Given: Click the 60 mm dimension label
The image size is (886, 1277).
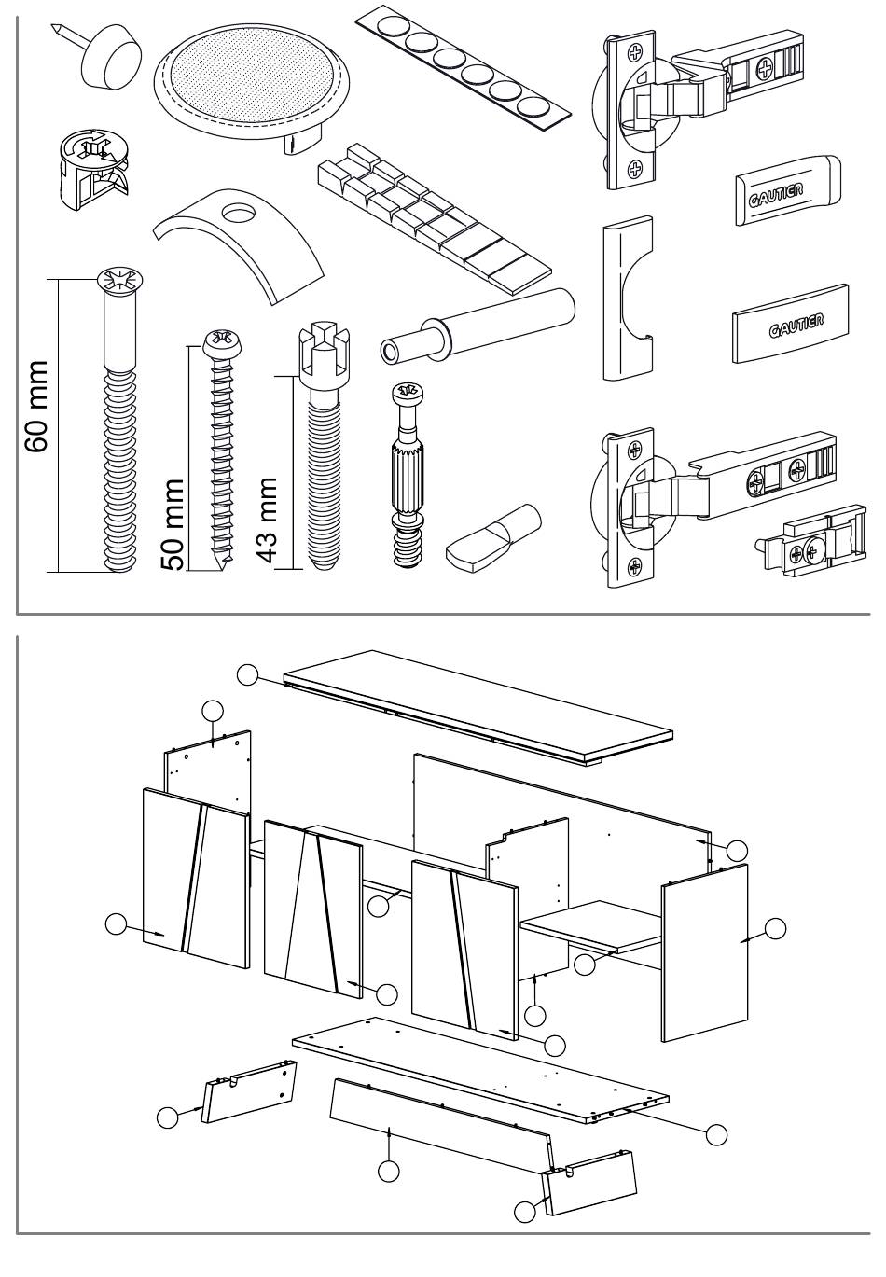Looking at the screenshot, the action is (37, 406).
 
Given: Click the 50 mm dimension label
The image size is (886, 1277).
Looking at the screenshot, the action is (173, 524).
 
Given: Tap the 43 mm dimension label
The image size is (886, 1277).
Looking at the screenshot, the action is (266, 521).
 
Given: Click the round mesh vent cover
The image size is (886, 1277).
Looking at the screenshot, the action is (252, 87).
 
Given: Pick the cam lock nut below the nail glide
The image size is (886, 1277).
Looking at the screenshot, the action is (93, 169).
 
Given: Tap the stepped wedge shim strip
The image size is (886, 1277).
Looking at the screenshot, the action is (434, 217).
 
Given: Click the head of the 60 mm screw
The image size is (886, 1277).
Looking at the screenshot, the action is (120, 283).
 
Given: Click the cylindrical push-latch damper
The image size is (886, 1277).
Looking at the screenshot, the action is (478, 326).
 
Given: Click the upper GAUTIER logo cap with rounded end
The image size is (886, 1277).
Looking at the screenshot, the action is (788, 189).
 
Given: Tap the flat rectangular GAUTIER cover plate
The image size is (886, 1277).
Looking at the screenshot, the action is (790, 324).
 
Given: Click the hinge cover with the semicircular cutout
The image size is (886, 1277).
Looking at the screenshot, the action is (627, 298).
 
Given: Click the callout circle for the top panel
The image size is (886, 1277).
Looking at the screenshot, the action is (248, 674).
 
